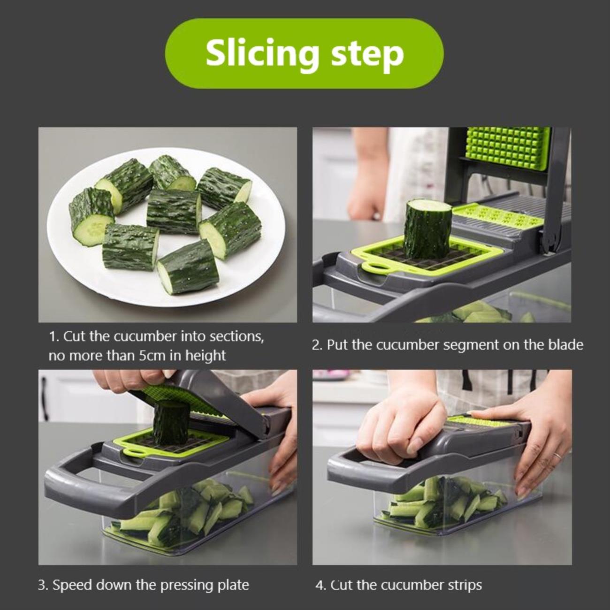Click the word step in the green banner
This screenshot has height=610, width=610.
(x=367, y=54)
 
